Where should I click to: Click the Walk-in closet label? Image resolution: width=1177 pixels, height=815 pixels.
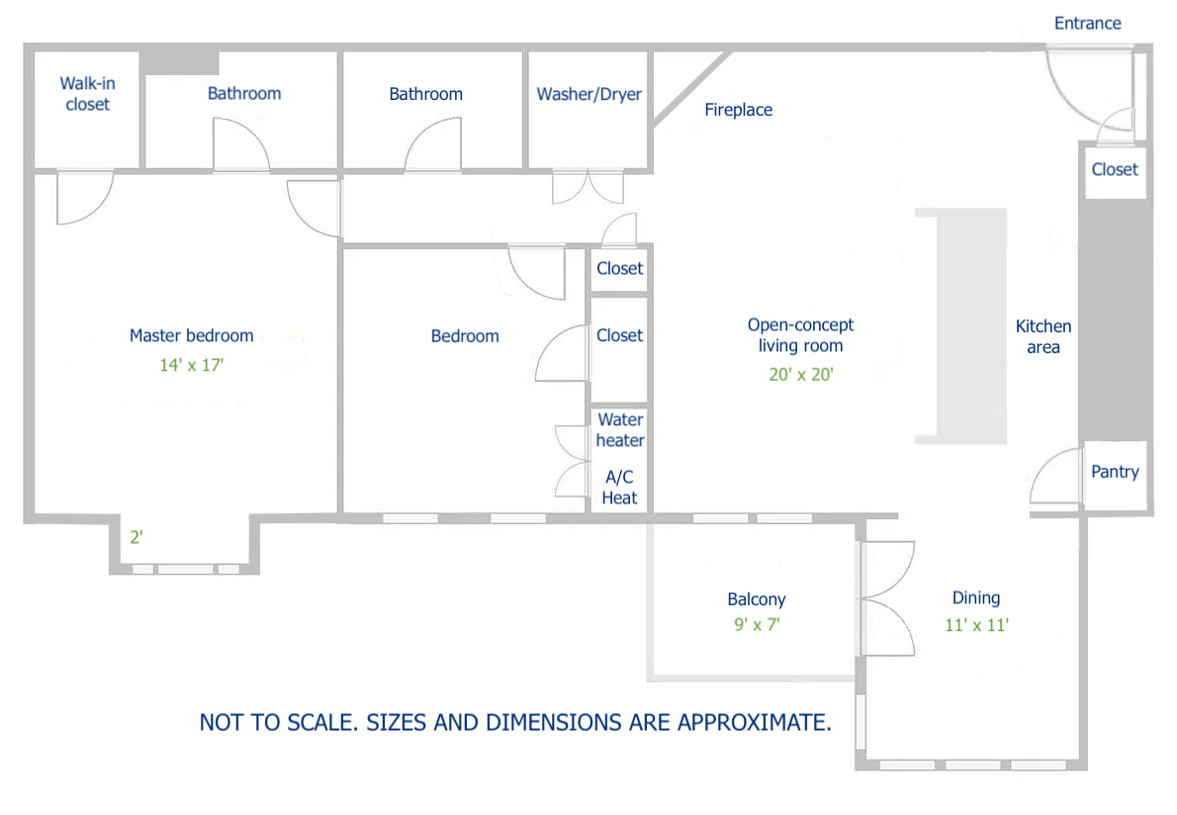(87, 94)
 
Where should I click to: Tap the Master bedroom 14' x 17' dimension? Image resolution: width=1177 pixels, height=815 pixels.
(192, 364)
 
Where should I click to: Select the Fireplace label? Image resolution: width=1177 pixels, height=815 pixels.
(738, 110)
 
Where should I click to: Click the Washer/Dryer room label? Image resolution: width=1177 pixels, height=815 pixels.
(588, 94)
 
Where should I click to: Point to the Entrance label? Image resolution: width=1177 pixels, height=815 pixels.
(1087, 23)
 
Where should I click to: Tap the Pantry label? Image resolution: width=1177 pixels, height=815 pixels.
(1115, 472)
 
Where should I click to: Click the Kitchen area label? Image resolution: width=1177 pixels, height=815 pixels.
(1043, 336)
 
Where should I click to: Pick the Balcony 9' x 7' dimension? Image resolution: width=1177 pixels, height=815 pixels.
(757, 624)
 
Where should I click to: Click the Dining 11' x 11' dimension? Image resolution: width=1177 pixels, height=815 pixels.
(976, 624)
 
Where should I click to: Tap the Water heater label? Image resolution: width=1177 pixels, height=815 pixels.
(620, 430)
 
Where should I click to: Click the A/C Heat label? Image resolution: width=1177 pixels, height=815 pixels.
(619, 488)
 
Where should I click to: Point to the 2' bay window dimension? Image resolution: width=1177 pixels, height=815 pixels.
(137, 538)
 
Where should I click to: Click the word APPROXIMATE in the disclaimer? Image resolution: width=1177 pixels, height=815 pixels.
(753, 722)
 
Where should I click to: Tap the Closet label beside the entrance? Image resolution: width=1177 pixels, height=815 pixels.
(1115, 169)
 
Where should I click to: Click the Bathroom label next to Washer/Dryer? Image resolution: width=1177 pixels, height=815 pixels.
(425, 94)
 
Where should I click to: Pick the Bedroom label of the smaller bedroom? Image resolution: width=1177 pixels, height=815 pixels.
(465, 336)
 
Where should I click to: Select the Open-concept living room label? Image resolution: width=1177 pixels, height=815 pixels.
(800, 335)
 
